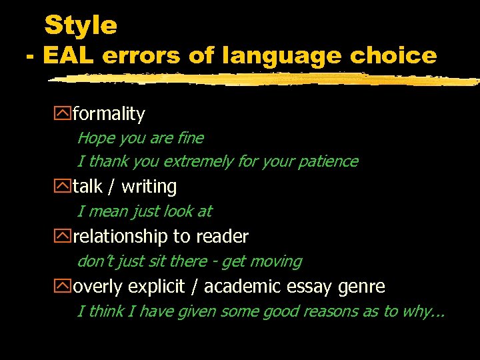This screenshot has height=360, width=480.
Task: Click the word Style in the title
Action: tap(81, 26)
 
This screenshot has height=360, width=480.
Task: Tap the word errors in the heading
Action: tap(141, 56)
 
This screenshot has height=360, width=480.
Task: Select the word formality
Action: tap(109, 114)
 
